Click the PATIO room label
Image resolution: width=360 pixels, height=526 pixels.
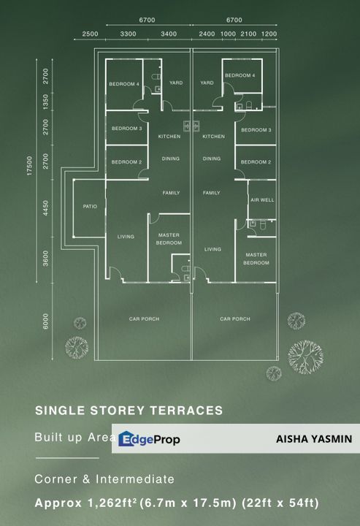[90, 207]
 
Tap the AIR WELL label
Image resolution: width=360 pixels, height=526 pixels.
[261, 199]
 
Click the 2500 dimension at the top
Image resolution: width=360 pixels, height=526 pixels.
[91, 34]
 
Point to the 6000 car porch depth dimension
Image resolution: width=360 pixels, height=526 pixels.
[46, 321]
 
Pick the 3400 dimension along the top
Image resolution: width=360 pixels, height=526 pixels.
[169, 34]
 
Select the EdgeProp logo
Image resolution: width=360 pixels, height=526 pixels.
[150, 439]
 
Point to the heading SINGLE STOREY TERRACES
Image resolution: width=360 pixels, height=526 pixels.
[129, 411]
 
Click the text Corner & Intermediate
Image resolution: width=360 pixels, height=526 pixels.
[104, 479]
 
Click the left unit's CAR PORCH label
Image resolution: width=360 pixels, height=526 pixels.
[144, 319]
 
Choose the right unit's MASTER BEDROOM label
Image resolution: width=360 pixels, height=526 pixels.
[256, 258]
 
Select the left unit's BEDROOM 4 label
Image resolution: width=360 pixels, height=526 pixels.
[124, 84]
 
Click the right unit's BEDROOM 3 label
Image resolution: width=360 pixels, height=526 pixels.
[256, 130]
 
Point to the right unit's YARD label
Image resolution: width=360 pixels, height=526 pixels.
[207, 83]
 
